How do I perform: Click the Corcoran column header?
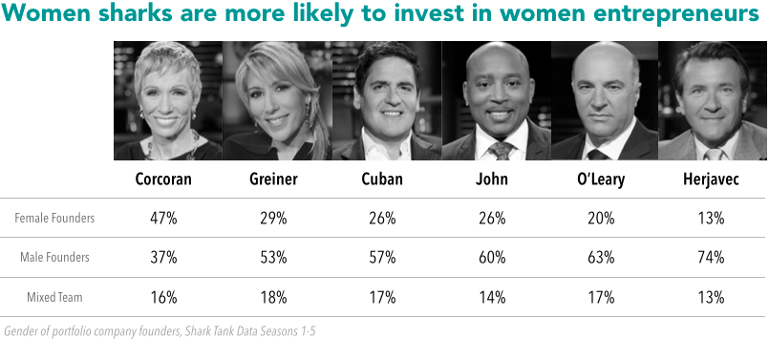coord(164,180)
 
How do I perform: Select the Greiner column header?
coord(273,180)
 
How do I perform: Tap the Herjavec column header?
coord(711,180)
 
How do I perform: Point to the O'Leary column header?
coord(601,180)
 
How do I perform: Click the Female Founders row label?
coord(54,218)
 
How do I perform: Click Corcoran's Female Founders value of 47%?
coord(164,218)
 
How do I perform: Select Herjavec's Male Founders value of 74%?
coord(711,257)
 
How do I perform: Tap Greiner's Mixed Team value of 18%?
coord(273,296)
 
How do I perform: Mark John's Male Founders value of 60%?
coord(492,257)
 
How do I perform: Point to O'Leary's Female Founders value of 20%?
coord(601,218)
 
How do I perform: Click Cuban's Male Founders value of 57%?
coord(383,257)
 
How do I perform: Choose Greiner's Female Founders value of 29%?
coord(273,218)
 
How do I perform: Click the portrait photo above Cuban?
coord(386,100)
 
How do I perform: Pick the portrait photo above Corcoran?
coord(168,100)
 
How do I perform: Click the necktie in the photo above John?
coord(499,150)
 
